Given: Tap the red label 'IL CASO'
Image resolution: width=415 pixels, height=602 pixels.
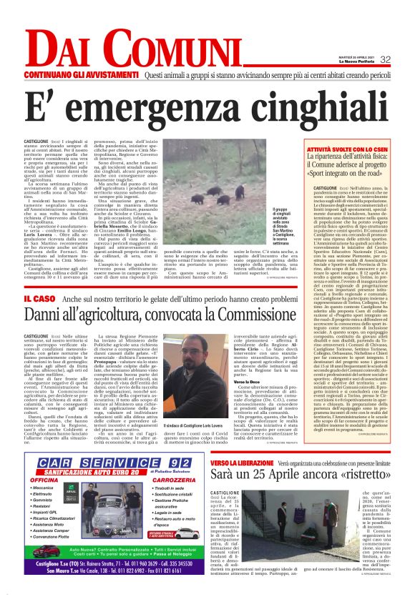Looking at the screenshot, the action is (x=39, y=297).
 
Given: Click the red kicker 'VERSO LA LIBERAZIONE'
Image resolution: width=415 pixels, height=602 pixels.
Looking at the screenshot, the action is (x=241, y=463).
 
